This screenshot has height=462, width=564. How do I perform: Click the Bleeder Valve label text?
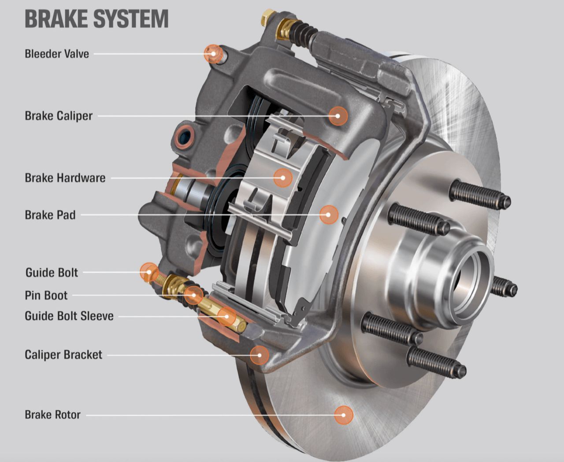point(57,54)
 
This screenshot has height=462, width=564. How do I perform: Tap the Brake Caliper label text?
point(59,116)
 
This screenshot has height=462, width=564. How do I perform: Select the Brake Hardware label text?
point(65,178)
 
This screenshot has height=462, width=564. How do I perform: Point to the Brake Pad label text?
point(50,215)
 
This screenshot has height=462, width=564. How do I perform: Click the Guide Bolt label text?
point(52,272)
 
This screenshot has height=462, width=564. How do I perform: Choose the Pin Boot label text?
point(46,295)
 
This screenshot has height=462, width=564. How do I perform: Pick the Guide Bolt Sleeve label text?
point(69,316)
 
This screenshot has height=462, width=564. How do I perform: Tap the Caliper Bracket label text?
point(63,355)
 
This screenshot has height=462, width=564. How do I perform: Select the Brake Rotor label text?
point(52,415)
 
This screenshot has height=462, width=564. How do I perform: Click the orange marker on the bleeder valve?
point(212,54)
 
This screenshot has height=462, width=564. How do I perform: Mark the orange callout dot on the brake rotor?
point(344,415)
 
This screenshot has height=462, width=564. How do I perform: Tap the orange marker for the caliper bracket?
point(260,355)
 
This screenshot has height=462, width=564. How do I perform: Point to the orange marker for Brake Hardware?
point(283,178)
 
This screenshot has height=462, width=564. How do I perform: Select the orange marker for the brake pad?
point(329,215)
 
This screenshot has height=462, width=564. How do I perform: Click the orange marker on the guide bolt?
point(148,272)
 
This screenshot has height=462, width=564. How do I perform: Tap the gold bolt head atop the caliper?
point(266,18)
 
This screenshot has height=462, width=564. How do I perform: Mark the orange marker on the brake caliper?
point(338,116)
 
